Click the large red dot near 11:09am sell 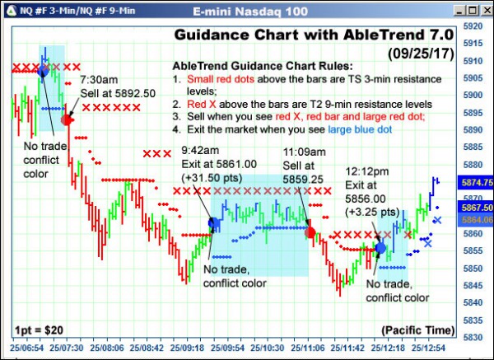click(x=310, y=232)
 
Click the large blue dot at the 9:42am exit click(x=214, y=222)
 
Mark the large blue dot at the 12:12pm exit click(x=380, y=246)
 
